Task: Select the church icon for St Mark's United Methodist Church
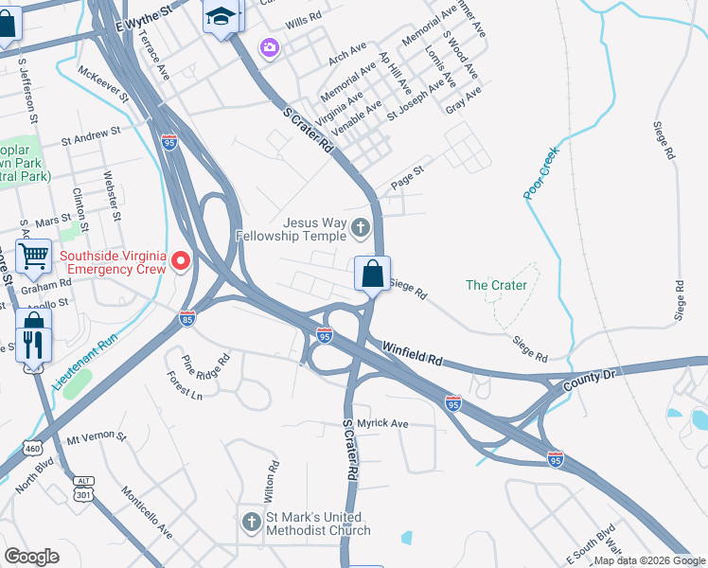point(251,521)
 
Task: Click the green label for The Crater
point(496,285)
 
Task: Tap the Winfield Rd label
point(413,354)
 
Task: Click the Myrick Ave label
point(381,423)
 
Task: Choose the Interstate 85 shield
point(187,319)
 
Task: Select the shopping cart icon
point(33,256)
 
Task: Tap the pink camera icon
point(271,47)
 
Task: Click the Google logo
point(31,557)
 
